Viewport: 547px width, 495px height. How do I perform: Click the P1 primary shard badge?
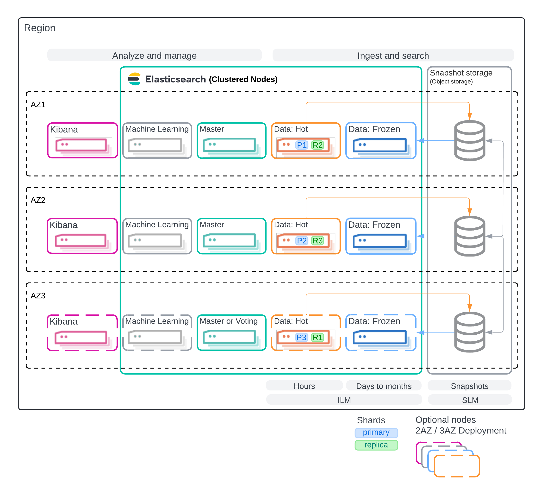tap(301, 145)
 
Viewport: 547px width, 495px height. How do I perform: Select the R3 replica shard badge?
tap(317, 241)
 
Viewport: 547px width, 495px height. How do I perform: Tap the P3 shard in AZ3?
tap(301, 337)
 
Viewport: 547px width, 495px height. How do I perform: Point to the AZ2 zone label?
tap(38, 200)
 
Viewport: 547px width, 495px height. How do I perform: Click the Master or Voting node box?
tap(231, 332)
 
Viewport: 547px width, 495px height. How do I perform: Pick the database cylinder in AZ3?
tap(470, 332)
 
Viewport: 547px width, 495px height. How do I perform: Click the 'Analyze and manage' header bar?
tap(154, 55)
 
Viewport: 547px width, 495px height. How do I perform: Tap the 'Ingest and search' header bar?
tap(393, 55)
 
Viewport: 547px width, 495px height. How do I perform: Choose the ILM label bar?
tap(344, 400)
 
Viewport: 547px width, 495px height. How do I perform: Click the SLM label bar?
tap(470, 400)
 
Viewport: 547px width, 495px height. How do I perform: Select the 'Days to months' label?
tap(384, 386)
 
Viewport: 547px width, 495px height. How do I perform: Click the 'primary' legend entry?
tap(376, 432)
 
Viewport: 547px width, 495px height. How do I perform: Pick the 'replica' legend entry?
tap(376, 445)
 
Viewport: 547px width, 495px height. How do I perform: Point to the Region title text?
tap(40, 28)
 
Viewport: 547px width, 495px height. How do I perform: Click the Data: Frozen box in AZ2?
tap(381, 236)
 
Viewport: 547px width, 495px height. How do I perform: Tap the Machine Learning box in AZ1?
tap(157, 141)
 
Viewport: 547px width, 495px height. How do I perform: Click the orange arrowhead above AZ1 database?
tap(470, 116)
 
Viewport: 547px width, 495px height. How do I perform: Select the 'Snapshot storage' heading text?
tap(461, 73)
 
